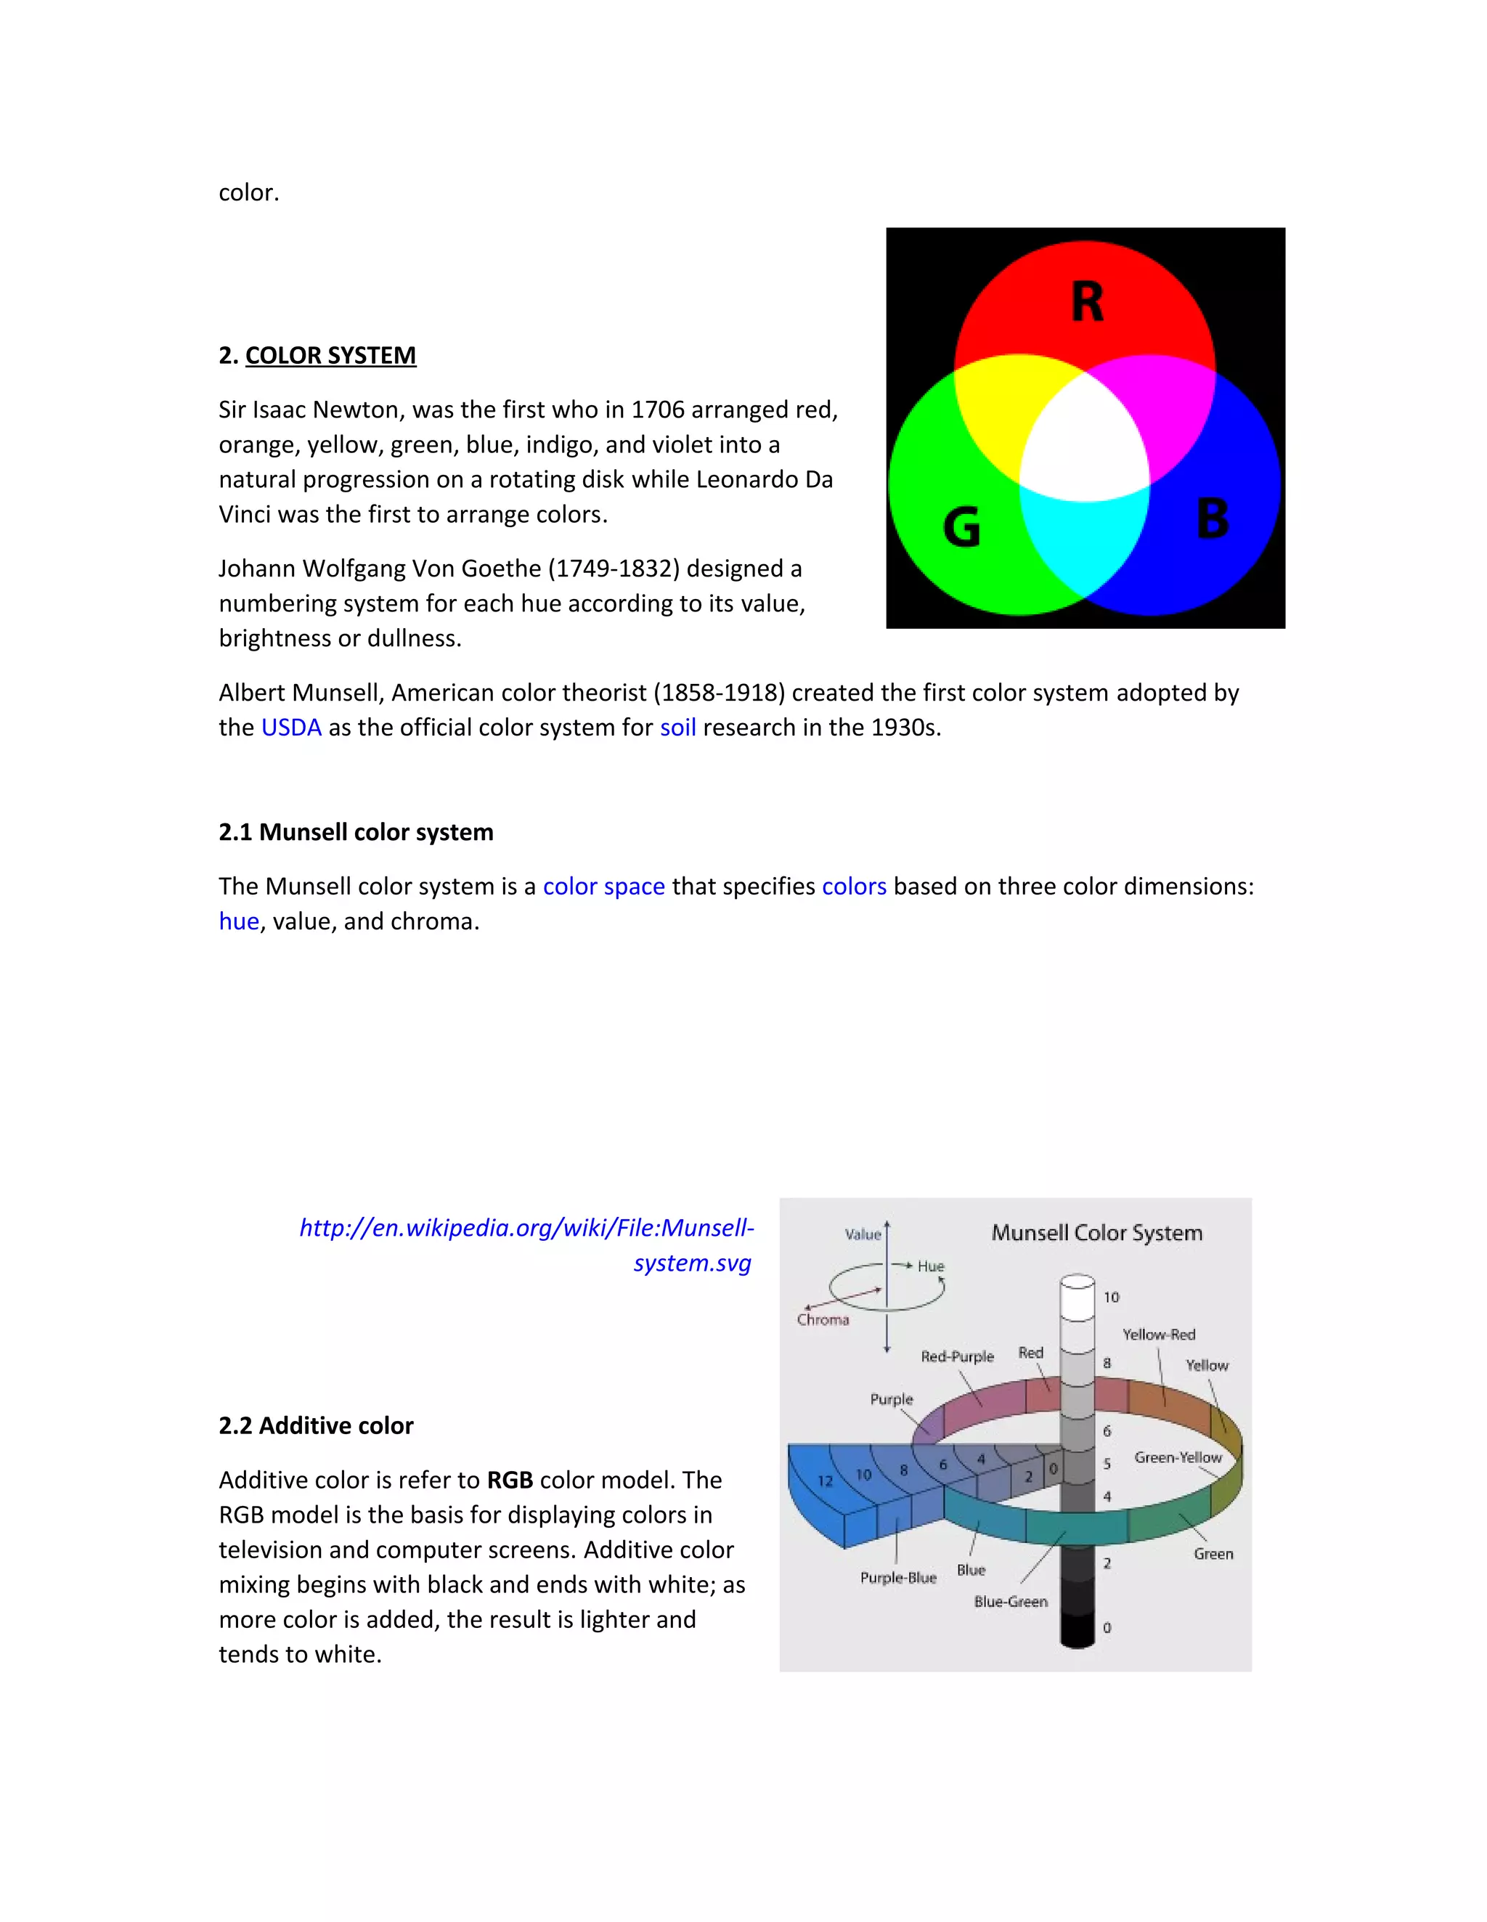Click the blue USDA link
click(291, 728)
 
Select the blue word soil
click(677, 728)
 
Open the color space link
click(603, 886)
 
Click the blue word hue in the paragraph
click(238, 921)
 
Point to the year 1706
click(657, 410)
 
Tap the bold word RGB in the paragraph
click(510, 1481)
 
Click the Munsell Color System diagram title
click(1096, 1233)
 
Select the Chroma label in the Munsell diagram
click(823, 1319)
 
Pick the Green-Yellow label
click(1177, 1457)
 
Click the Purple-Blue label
click(897, 1578)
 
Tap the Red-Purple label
click(956, 1356)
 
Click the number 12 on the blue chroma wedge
click(824, 1481)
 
